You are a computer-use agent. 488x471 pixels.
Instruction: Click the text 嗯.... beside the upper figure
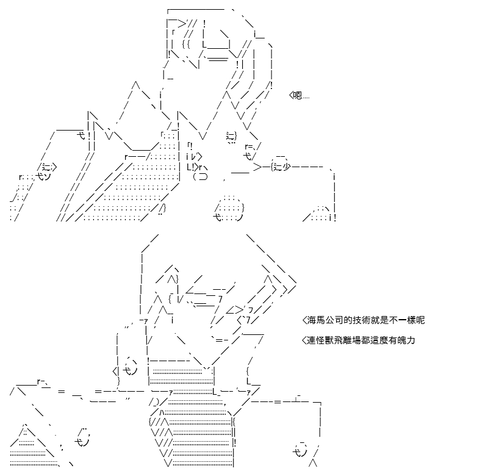tap(301, 95)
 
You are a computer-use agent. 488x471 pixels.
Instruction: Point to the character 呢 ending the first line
tap(420, 320)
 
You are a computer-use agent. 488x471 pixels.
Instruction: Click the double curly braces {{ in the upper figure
tap(186, 45)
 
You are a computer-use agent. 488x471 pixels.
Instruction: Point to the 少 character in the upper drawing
tap(286, 167)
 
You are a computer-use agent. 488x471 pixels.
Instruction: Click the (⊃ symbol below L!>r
tap(200, 177)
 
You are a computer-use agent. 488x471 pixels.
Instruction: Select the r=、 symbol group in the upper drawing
tap(253, 146)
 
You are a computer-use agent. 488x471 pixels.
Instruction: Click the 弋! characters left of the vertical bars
tap(84, 135)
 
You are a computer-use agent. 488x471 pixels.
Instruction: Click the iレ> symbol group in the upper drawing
tap(195, 157)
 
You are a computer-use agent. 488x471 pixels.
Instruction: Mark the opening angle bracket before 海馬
tap(304, 320)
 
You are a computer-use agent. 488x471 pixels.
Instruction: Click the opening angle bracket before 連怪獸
tap(304, 340)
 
